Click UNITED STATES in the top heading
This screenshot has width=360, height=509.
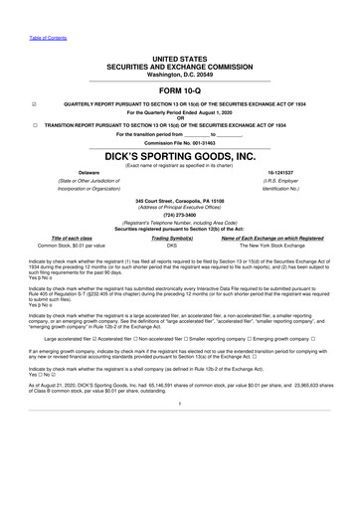point(180,60)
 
